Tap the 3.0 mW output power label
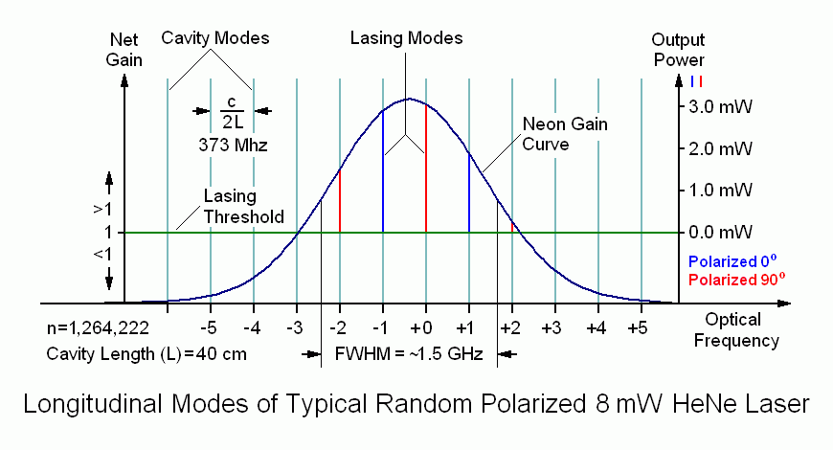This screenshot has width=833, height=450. coord(715,107)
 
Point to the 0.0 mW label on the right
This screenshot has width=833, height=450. coord(715,233)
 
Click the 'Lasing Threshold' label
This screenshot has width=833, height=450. coord(243,206)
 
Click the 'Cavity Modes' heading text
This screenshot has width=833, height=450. coord(214,38)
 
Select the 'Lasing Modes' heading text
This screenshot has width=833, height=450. coord(406,38)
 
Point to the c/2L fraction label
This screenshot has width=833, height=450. coord(231,111)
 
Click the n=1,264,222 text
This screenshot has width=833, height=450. coord(97,328)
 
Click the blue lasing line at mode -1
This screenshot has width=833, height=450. coord(383,172)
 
